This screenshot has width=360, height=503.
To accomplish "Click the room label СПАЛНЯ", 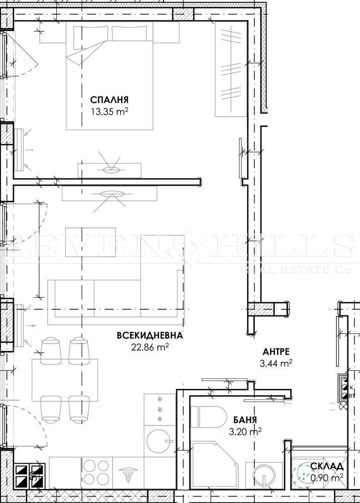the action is point(109,100).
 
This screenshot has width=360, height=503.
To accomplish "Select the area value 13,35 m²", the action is point(110,112).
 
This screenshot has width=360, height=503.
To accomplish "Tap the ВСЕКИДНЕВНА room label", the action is point(150,336).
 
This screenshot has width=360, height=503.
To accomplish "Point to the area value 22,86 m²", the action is point(150,347).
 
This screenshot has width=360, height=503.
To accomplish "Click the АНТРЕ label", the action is point(276,352).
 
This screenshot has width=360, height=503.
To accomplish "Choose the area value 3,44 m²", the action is point(276,363).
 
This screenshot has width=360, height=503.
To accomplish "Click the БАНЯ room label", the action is point(245,420).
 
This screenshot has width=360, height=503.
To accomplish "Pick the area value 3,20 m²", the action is point(245,431).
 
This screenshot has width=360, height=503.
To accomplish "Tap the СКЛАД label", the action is point(327,466).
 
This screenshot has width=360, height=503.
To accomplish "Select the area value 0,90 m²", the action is point(327,478).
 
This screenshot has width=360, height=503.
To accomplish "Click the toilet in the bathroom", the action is point(209,416).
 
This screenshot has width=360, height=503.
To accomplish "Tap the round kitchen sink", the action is point(159,441).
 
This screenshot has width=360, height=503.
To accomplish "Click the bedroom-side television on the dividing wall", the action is point(109,170).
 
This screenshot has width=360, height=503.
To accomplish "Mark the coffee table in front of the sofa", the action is point(91,242).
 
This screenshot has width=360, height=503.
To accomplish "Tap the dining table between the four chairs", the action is point(65,380).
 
